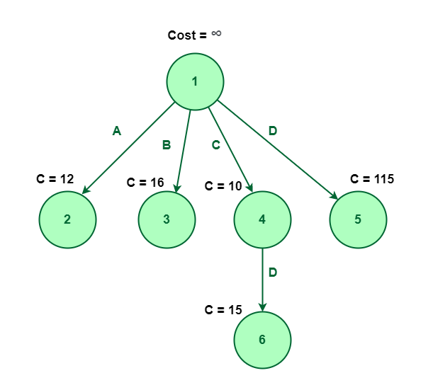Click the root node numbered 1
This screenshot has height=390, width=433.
coord(195,81)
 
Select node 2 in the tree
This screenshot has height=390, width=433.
coord(67,219)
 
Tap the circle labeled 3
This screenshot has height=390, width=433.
coord(167,219)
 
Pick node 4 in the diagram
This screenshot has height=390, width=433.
coord(262,219)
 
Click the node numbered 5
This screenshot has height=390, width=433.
coord(358,219)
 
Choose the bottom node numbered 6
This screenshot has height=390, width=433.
coord(262,340)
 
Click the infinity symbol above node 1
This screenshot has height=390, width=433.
coord(216,33)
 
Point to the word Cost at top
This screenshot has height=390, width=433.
coord(182,35)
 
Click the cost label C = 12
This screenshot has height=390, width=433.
coord(55,179)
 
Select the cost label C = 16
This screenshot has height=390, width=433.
coord(145,183)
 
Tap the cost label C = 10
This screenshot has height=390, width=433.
coord(223,186)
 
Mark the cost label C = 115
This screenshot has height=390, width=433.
coord(372,179)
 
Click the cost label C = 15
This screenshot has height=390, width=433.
coord(223,310)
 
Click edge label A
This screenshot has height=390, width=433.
coord(117,130)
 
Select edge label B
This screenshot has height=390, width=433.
coord(167,145)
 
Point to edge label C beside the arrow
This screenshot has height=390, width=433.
coord(216,145)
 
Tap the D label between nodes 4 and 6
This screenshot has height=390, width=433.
coord(273,273)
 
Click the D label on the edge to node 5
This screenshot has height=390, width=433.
coord(273,130)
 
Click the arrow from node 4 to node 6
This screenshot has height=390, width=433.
coord(262,280)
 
